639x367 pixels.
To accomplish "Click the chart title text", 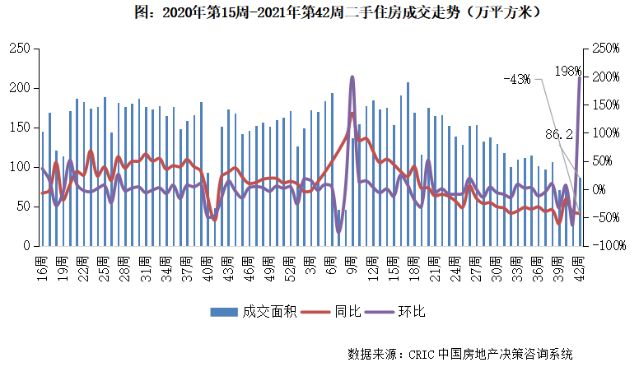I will click(319, 14).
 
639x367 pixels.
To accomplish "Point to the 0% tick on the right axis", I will click(599, 189).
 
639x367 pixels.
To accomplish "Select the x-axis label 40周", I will click(208, 267).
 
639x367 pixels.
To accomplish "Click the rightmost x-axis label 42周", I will click(579, 267).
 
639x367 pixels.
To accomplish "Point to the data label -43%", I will click(517, 80).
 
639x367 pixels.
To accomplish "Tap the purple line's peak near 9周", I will click(352, 77).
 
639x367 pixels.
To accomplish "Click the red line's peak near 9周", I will click(352, 114).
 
